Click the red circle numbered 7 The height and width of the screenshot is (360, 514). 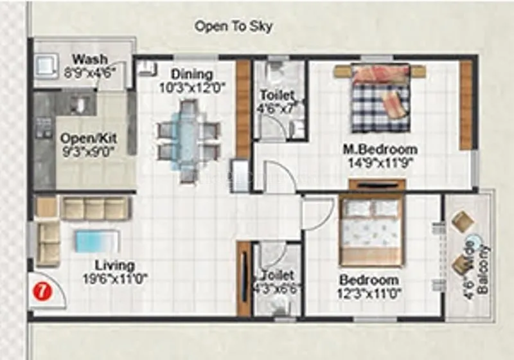(42, 291)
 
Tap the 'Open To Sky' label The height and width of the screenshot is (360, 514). (234, 26)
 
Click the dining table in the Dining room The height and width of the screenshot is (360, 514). (188, 139)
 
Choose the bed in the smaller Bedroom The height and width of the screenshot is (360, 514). (371, 230)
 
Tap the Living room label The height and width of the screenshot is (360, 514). (115, 265)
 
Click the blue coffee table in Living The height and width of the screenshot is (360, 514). (97, 242)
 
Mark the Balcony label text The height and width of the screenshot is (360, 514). (483, 268)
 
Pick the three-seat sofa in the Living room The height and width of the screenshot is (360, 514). (96, 208)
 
